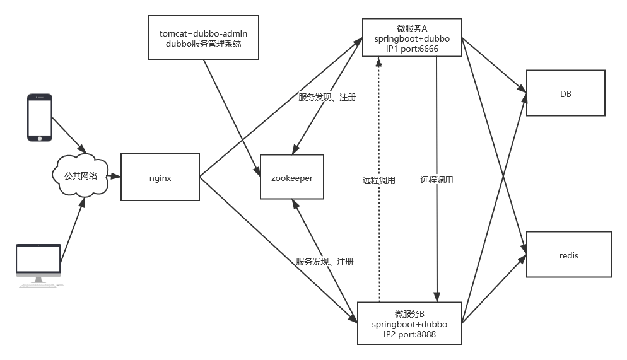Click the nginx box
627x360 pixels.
pyautogui.click(x=160, y=178)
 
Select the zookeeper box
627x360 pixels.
pyautogui.click(x=292, y=178)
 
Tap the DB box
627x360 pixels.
pyautogui.click(x=565, y=93)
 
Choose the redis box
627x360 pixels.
pyautogui.click(x=568, y=255)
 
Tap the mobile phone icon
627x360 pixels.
pyautogui.click(x=39, y=117)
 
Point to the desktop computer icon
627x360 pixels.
pyautogui.click(x=39, y=265)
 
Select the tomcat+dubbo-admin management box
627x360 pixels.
pyautogui.click(x=203, y=38)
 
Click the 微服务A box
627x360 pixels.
pyautogui.click(x=412, y=38)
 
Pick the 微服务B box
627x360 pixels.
pyautogui.click(x=409, y=323)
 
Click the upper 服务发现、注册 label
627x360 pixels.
pyautogui.click(x=327, y=97)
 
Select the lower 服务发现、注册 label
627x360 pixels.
pyautogui.click(x=325, y=262)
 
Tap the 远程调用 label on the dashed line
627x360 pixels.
pyautogui.click(x=379, y=180)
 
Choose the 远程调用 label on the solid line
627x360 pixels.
pyautogui.click(x=437, y=180)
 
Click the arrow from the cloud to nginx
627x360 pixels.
pyautogui.click(x=114, y=177)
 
